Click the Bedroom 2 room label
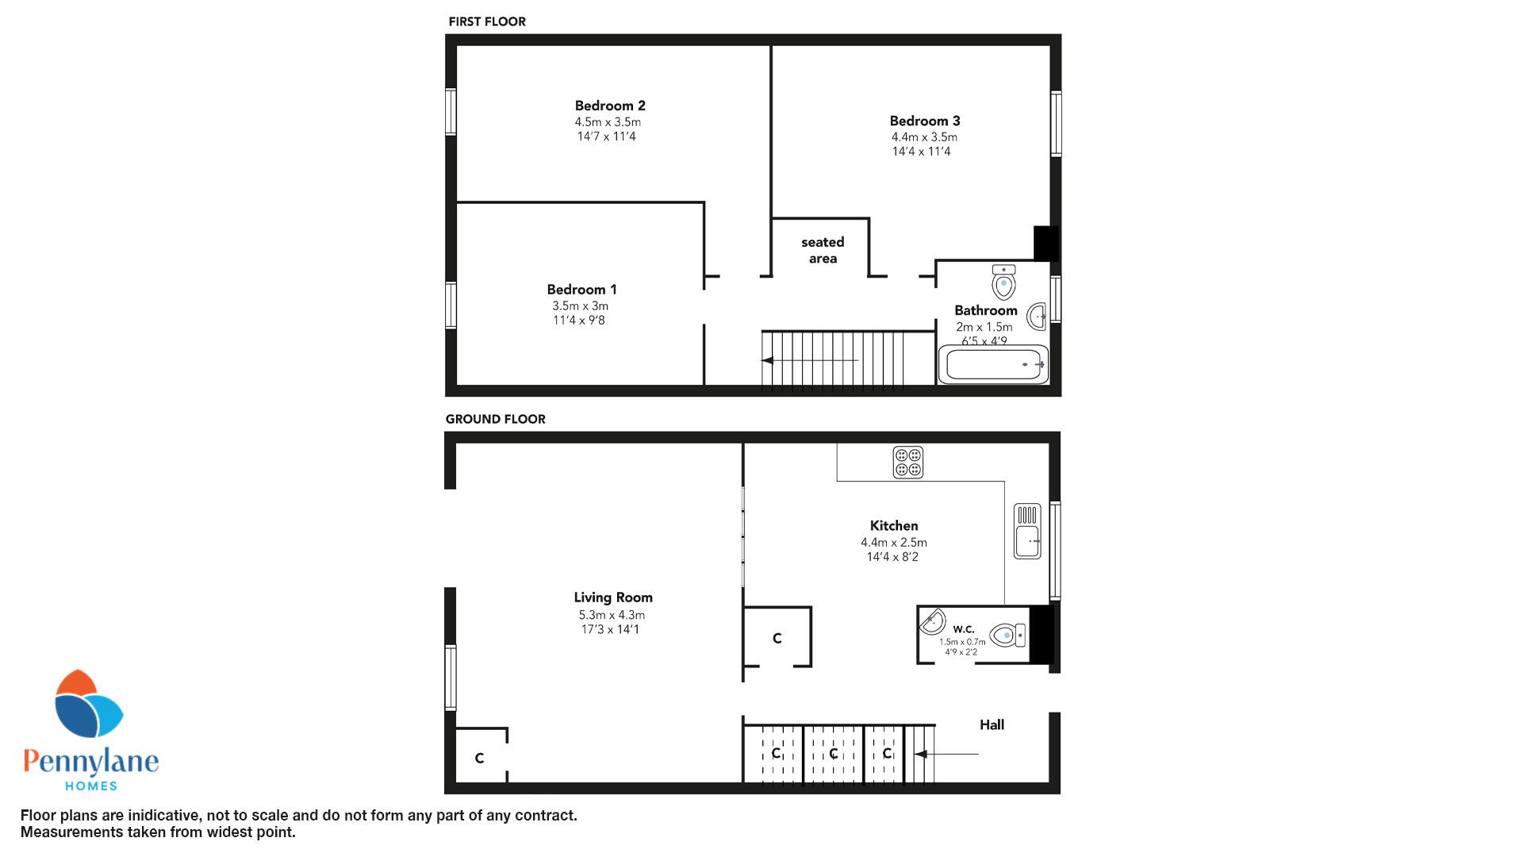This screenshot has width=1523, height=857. click(610, 106)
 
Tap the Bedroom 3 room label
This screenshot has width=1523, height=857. click(925, 121)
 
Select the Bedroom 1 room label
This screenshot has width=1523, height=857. click(581, 290)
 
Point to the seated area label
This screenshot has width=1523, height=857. click(823, 250)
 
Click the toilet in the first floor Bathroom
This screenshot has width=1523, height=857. click(1003, 281)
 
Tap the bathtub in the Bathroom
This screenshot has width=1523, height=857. click(993, 365)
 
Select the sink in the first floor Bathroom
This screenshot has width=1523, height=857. click(1037, 316)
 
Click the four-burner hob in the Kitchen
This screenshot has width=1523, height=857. click(907, 463)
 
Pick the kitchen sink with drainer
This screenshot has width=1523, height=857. click(1027, 531)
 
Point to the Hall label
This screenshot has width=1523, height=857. click(992, 724)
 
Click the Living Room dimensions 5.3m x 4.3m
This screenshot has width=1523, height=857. click(612, 615)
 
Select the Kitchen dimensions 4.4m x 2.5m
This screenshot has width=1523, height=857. click(894, 543)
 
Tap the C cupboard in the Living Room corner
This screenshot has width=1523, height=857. click(479, 759)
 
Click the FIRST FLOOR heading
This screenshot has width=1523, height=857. click(487, 21)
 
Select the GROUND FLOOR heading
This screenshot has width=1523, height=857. click(496, 419)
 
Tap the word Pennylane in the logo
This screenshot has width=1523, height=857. click(91, 763)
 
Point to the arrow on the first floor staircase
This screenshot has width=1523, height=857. click(810, 360)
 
